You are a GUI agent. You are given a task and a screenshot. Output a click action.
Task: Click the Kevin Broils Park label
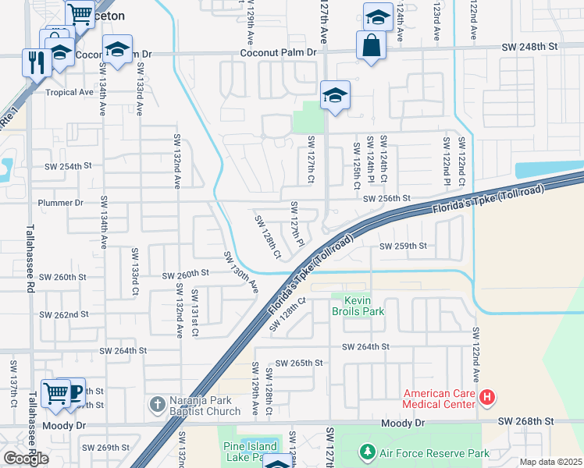[x=358, y=306]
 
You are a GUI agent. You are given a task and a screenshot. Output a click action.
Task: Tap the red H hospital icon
[x=487, y=398]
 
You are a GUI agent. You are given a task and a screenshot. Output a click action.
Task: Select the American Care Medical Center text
[x=439, y=398]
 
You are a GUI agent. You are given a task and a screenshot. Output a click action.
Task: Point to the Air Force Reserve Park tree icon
[x=367, y=452]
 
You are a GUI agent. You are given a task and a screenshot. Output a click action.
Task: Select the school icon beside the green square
[x=335, y=96]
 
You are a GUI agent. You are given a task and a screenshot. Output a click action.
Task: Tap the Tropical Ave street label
[x=69, y=92]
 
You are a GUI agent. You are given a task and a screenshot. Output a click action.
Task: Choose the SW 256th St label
[x=386, y=199]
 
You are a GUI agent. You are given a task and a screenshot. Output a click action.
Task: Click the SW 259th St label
[x=403, y=246]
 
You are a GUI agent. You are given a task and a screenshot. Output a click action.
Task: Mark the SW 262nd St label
[x=64, y=314]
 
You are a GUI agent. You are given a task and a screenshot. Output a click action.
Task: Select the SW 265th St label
[x=300, y=363]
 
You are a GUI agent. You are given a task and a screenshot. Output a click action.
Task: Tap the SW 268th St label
[x=528, y=421]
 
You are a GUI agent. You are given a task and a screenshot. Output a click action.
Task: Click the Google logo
[x=26, y=459]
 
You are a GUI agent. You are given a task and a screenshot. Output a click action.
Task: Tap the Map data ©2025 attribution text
[x=550, y=462]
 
